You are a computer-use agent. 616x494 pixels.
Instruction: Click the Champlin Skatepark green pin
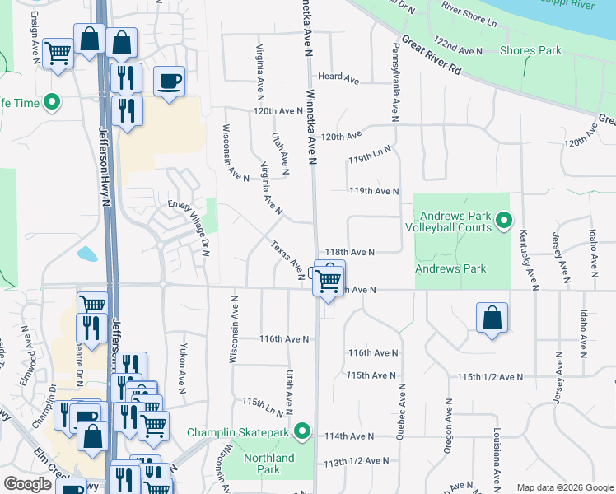click(303, 431)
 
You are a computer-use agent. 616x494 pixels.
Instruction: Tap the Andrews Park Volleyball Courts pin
click(504, 220)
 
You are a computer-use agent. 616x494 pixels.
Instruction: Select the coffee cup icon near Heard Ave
click(169, 82)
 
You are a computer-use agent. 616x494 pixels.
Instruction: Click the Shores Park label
click(530, 50)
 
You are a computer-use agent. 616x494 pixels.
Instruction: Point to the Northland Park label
click(269, 464)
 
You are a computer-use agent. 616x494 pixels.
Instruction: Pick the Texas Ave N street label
click(287, 259)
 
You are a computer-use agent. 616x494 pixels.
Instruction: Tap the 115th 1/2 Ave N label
click(490, 377)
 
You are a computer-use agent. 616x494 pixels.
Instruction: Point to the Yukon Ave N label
click(184, 369)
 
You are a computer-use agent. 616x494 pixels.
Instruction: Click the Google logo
click(27, 483)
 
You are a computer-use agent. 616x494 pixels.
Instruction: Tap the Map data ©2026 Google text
click(564, 487)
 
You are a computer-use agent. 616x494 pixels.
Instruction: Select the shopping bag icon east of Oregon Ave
click(492, 317)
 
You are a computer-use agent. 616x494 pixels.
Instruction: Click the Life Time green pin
click(54, 103)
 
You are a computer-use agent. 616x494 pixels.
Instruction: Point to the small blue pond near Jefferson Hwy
click(86, 254)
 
